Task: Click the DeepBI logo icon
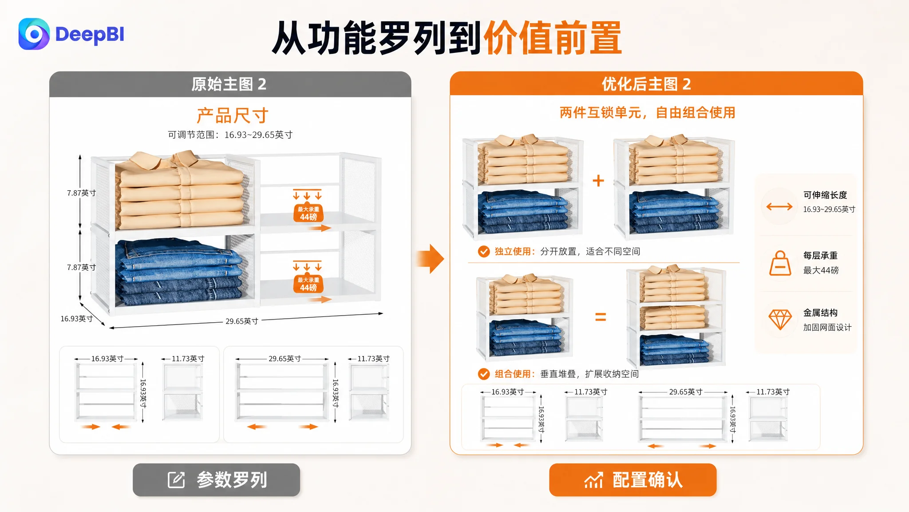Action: pos(34,34)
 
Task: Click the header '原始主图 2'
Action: pos(229,84)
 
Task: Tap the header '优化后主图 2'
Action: pos(646,84)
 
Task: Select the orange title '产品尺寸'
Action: pos(233,116)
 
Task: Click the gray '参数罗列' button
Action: pos(217,480)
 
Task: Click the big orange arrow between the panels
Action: pos(430,258)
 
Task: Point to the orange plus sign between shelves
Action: pos(598,180)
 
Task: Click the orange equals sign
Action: pos(601,317)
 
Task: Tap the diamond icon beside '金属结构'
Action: pos(780,320)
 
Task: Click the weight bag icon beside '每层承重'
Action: pos(780,263)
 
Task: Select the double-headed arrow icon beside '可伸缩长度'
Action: pos(779,206)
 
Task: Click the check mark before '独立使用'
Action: pos(484,252)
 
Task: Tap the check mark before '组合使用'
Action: pos(484,374)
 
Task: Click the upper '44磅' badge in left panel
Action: pos(308,213)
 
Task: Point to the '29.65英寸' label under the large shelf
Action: pos(242,321)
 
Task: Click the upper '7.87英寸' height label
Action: pos(82,193)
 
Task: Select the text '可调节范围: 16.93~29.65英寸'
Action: pos(230,135)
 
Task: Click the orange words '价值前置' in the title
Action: pos(553,38)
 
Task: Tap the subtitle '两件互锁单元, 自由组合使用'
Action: pos(648,112)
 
